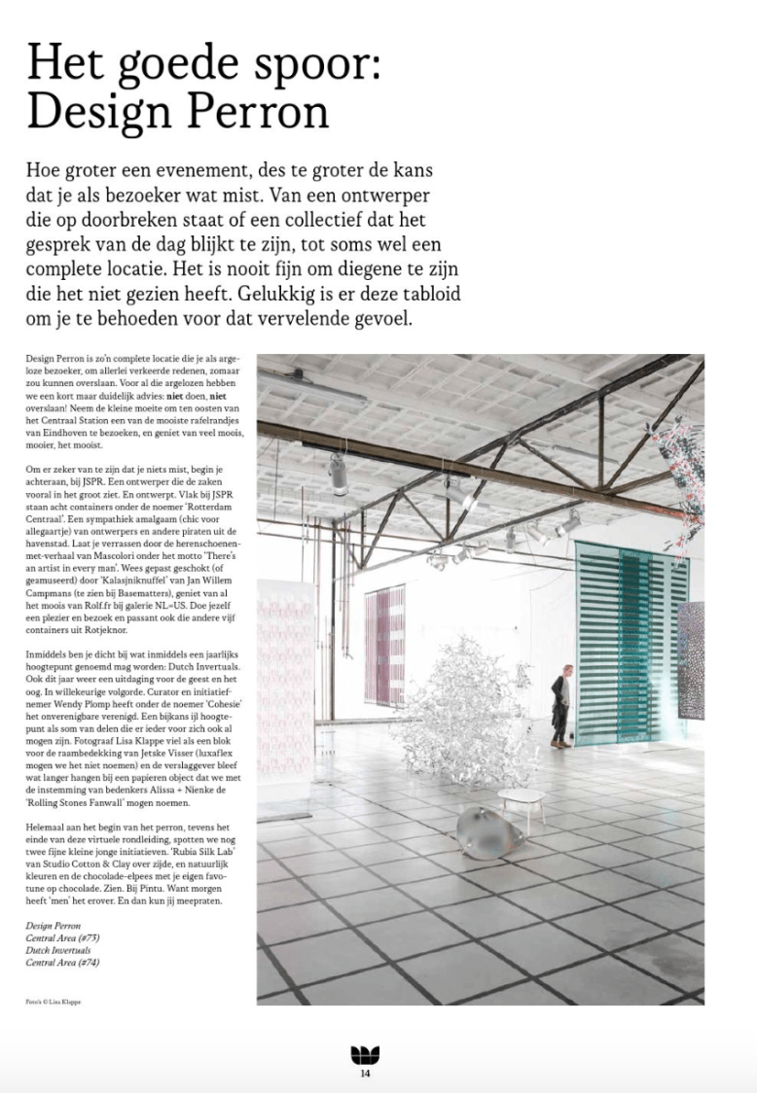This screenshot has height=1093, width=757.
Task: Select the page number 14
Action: click(365, 1074)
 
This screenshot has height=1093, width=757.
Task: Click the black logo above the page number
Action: click(365, 1055)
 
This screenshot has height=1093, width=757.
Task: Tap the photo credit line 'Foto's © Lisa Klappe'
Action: click(54, 1000)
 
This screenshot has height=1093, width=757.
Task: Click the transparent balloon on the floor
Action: click(490, 831)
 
